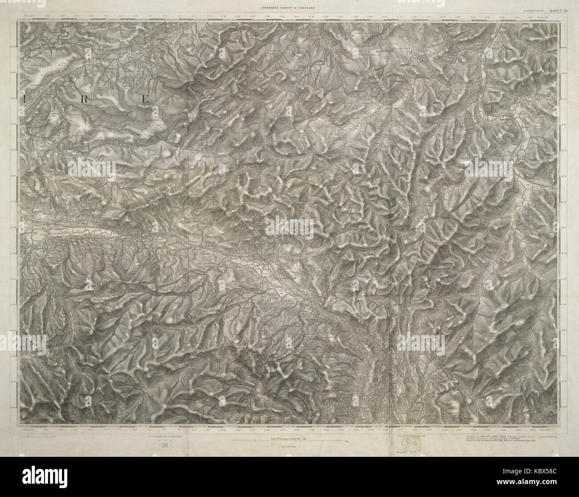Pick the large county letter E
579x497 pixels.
click(x=144, y=99)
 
